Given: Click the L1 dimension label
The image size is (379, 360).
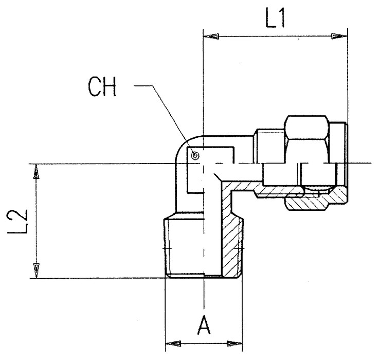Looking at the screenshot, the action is pos(275,19).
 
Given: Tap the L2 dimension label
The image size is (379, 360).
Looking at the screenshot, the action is pos(17,222).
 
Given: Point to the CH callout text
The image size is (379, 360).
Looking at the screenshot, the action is pos(102,87).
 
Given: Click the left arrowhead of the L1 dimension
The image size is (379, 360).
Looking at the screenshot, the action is pos(211,37).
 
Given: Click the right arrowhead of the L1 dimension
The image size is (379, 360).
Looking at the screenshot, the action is pos(339,37).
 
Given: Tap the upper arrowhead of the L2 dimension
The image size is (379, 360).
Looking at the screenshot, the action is pos(36,172).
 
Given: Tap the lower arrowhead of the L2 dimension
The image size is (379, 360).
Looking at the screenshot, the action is pos(37,271).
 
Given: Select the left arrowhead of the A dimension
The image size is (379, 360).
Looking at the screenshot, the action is pos(173,344).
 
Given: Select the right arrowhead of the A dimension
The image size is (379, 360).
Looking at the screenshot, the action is pos(234,344).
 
